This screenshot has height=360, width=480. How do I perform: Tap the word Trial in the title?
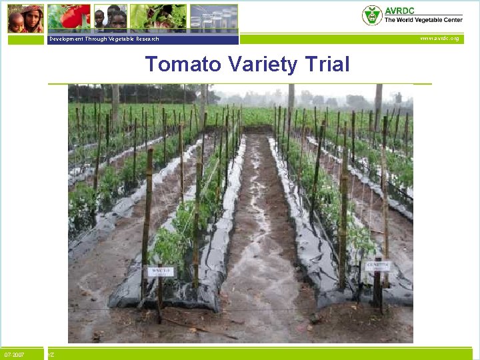pyautogui.click(x=325, y=65)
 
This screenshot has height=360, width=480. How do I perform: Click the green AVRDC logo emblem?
pyautogui.click(x=372, y=15)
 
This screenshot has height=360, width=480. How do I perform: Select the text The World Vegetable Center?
pyautogui.click(x=423, y=21)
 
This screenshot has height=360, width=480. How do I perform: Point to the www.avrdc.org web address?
pyautogui.click(x=439, y=39)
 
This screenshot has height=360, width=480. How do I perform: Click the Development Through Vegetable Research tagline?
pyautogui.click(x=103, y=39)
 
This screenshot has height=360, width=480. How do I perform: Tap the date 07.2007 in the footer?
pyautogui.click(x=15, y=355)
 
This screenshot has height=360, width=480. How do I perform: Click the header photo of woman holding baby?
pyautogui.click(x=25, y=18)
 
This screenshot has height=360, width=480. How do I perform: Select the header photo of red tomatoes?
pyautogui.click(x=69, y=18)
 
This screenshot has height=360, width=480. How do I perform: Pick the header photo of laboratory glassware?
pyautogui.click(x=213, y=18)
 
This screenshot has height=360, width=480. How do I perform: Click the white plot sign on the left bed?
pyautogui.click(x=160, y=272)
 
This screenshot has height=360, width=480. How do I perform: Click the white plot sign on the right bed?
pyautogui.click(x=378, y=265)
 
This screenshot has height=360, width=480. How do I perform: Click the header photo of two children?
pyautogui.click(x=110, y=18)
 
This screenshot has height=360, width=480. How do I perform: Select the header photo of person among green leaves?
pyautogui.click(x=158, y=18)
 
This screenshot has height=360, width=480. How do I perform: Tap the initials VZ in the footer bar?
pyautogui.click(x=51, y=355)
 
